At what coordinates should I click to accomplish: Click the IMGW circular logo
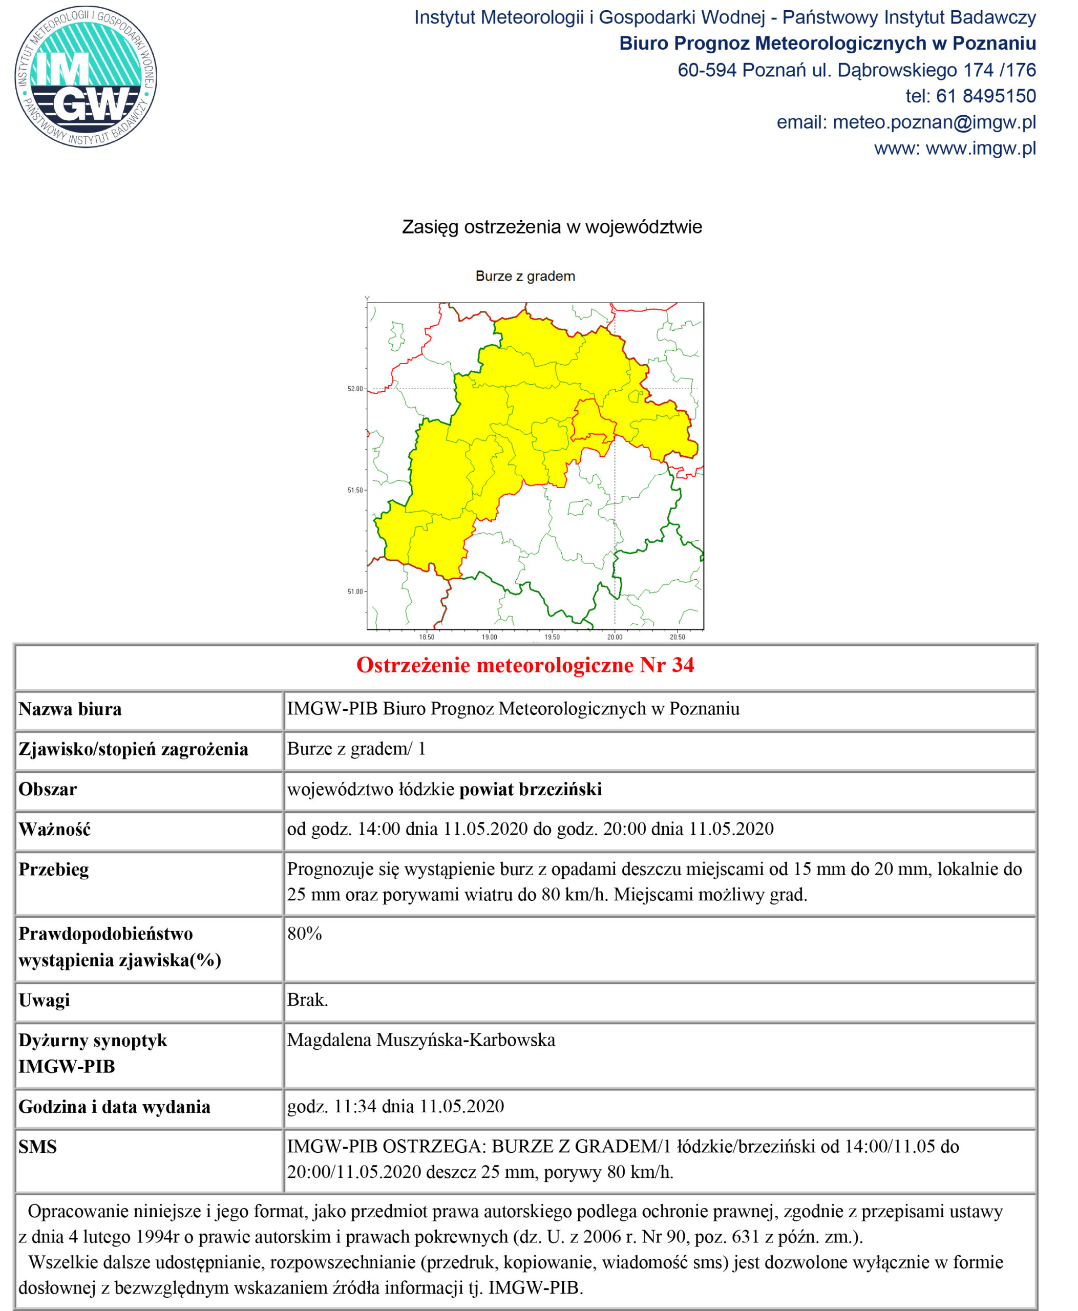[86, 77]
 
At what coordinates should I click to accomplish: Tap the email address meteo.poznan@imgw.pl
[934, 122]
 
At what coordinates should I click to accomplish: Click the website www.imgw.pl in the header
[981, 149]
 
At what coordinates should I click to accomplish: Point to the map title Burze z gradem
[525, 277]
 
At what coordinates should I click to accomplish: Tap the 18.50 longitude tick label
[427, 637]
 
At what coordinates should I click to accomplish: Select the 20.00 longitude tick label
[614, 637]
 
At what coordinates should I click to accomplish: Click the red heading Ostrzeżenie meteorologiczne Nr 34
[525, 665]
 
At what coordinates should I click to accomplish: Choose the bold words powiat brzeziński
[531, 789]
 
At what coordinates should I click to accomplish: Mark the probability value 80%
[304, 934]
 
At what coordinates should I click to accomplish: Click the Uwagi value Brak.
[307, 1000]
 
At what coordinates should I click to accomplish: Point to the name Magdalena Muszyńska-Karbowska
[421, 1040]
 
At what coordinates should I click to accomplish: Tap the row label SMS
[37, 1147]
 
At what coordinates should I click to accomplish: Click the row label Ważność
[55, 830]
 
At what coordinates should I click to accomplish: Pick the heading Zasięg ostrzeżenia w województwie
[552, 227]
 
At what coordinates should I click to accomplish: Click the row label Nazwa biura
[70, 709]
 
